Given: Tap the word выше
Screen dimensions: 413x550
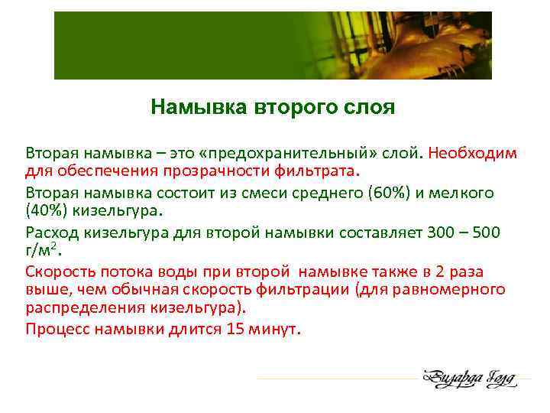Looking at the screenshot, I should [x=45, y=289].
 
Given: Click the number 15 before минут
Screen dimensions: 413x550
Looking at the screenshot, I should [x=235, y=330].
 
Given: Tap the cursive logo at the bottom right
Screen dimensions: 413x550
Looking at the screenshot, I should [x=470, y=378].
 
